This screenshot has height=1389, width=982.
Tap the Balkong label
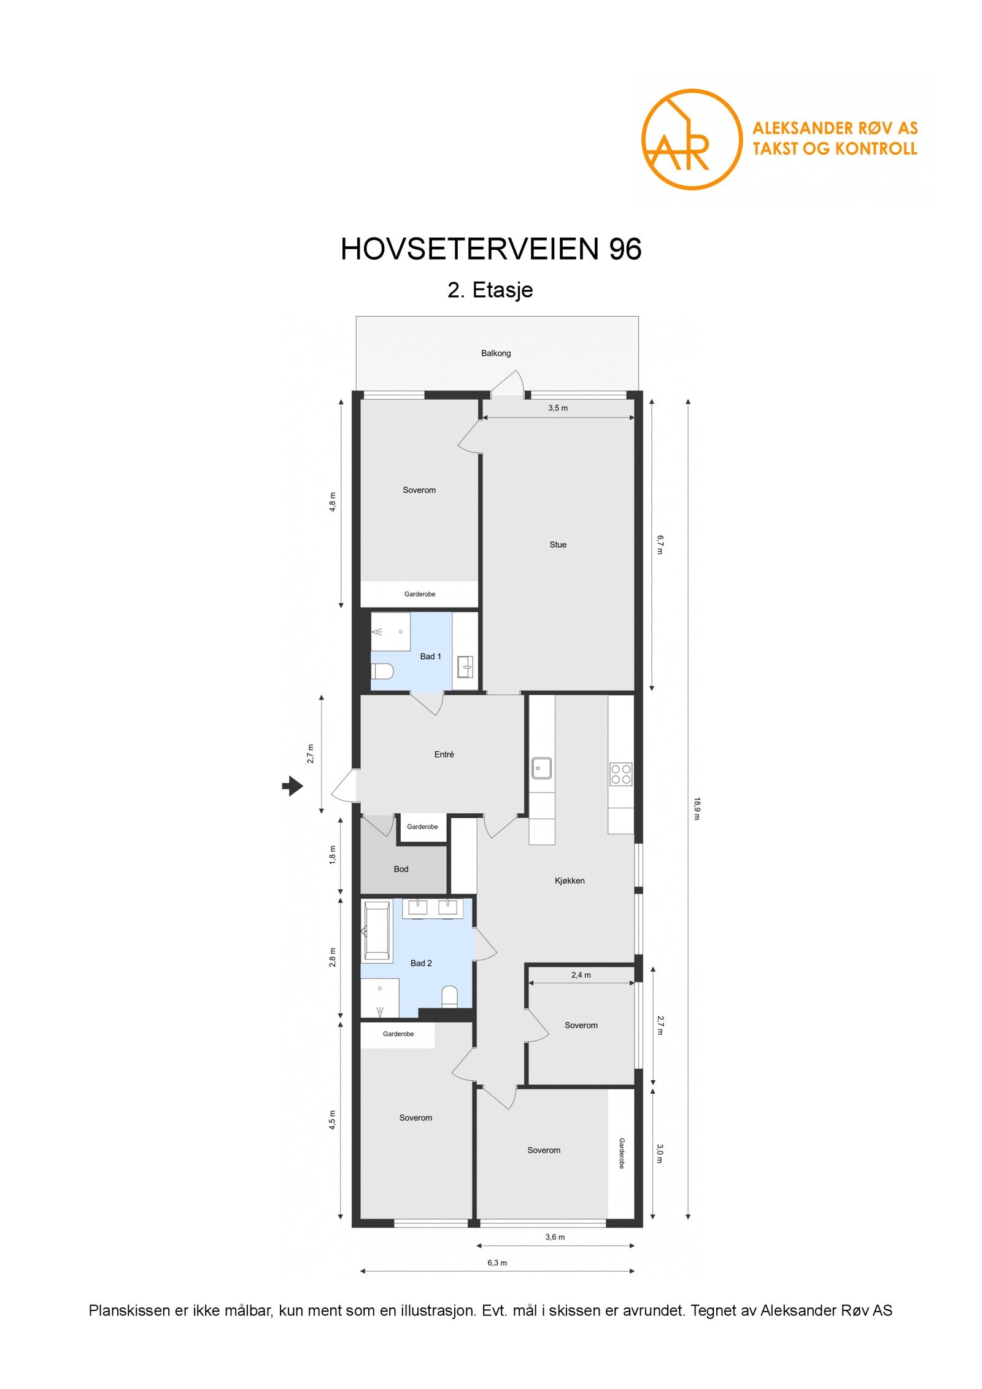495,354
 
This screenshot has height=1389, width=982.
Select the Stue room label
557,544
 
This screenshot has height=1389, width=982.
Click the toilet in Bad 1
381,671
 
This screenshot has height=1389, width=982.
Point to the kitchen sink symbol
541,768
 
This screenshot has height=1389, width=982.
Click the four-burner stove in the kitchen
621,774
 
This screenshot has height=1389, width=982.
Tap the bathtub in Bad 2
376,931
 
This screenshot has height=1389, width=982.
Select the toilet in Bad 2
449,996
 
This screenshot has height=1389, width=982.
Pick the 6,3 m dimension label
497,1263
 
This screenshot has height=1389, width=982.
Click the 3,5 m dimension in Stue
557,408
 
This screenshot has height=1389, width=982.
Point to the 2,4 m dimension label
581,975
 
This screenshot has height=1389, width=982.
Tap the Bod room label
401,869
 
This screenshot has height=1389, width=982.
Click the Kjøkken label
569,881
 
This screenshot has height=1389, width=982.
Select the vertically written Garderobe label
621,1153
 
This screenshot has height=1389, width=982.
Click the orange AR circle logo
691,139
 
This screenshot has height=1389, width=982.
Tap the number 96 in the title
625,249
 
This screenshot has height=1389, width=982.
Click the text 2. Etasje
490,290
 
